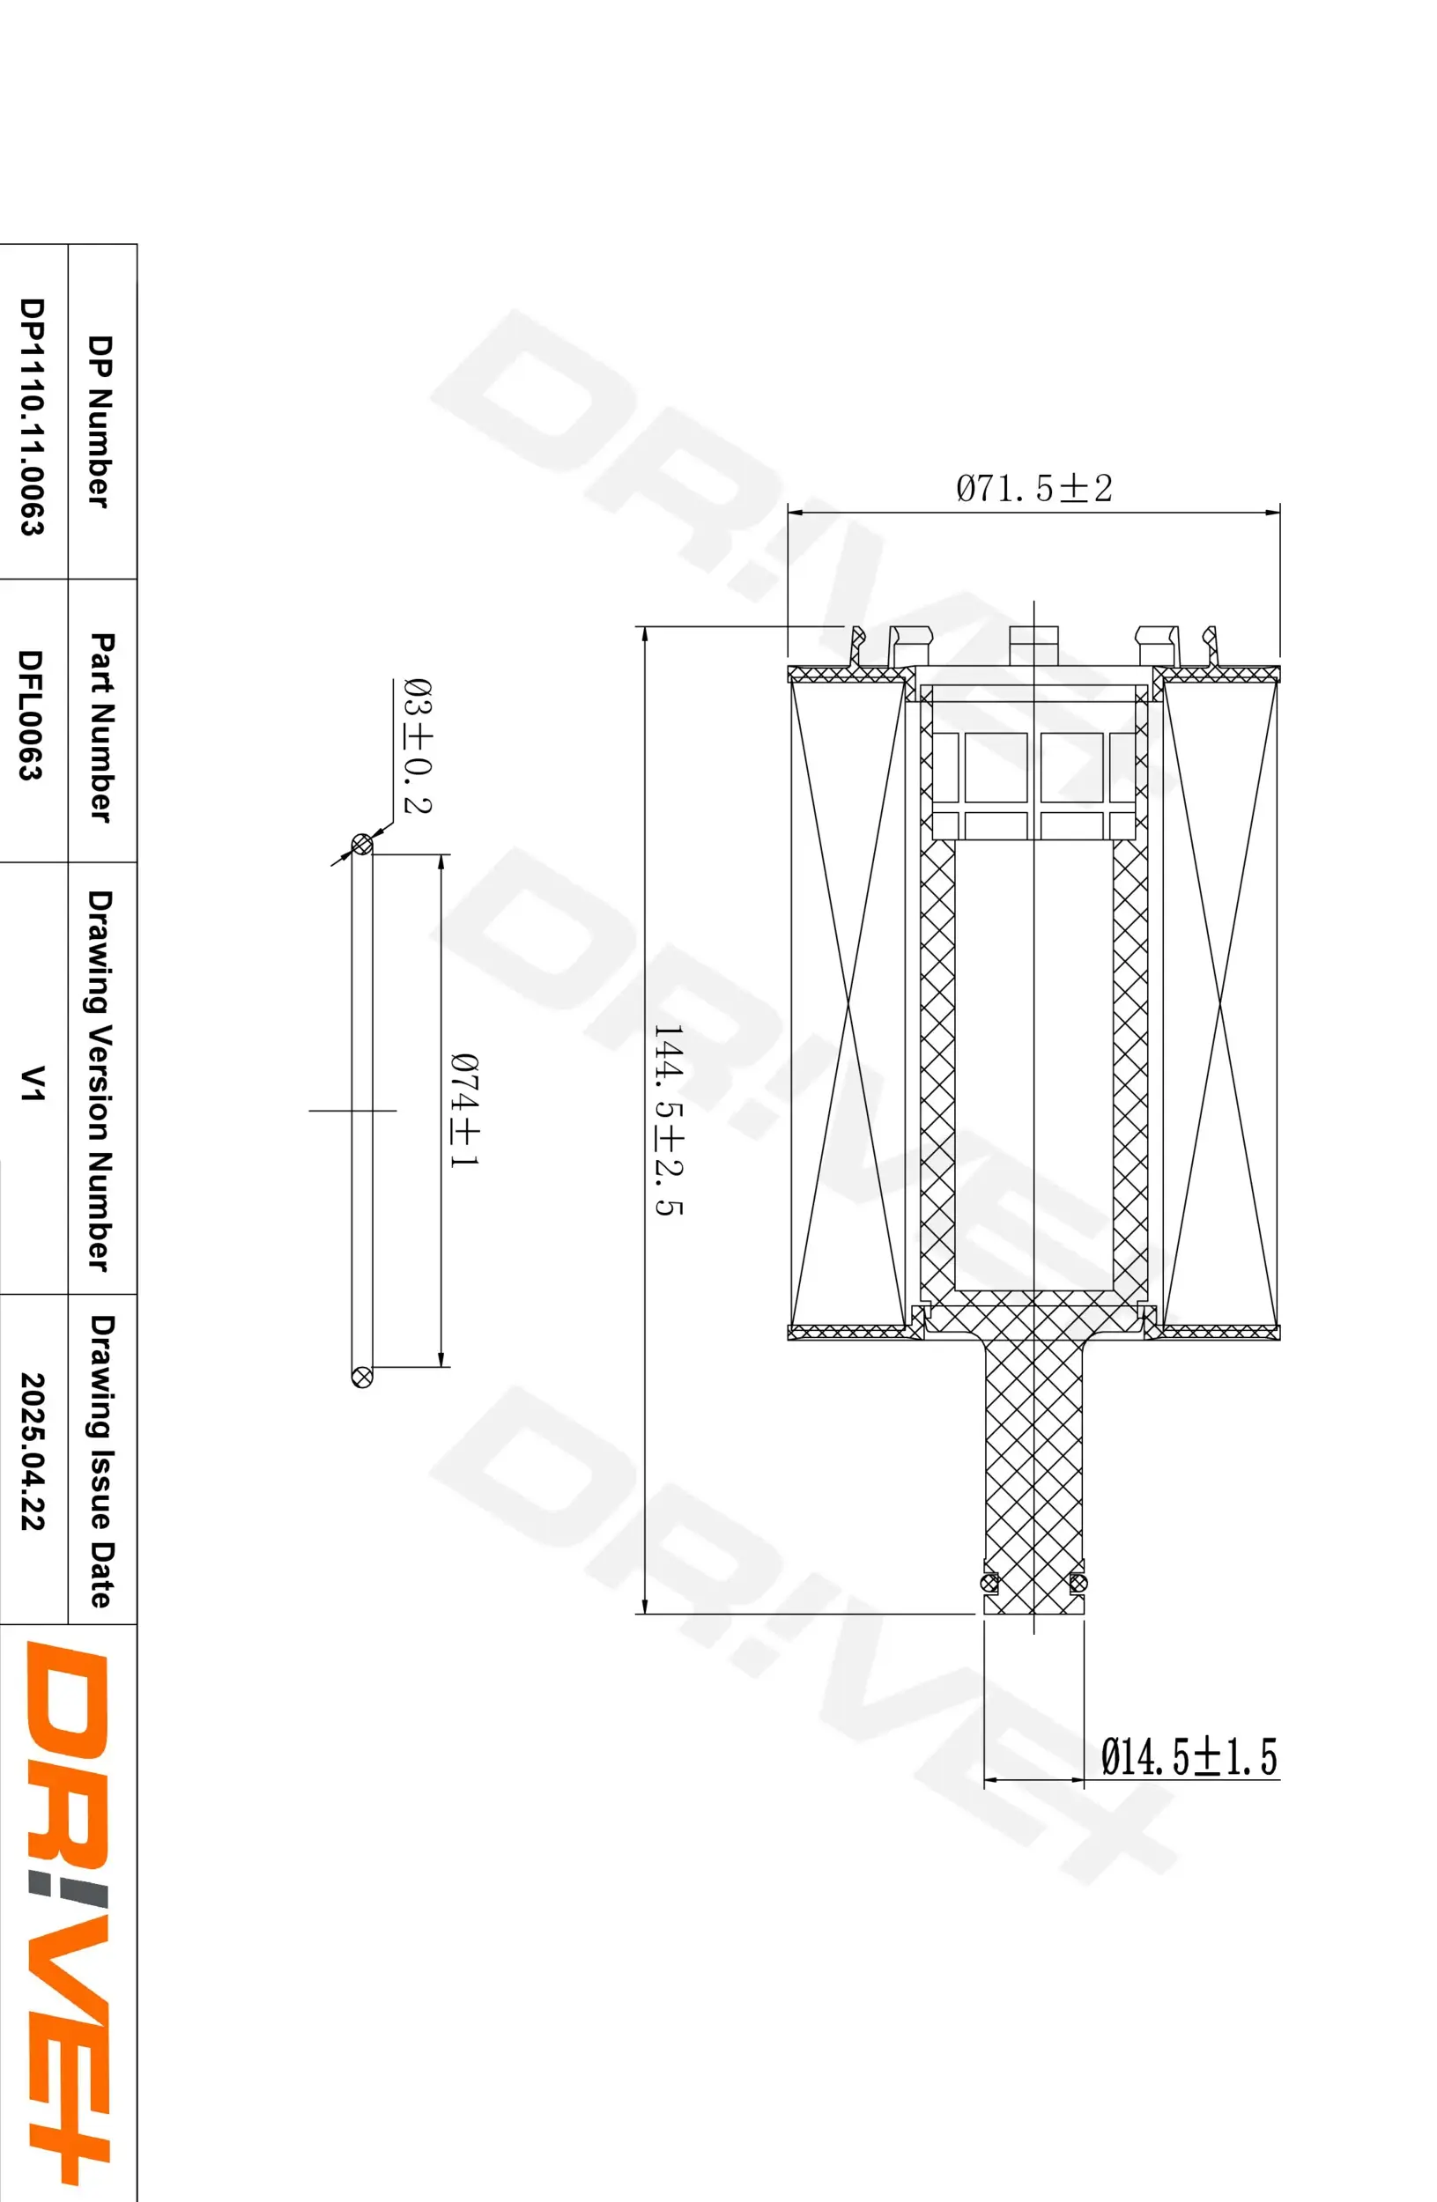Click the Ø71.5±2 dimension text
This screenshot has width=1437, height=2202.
tap(1033, 488)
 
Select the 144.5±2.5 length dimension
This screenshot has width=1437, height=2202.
tap(667, 1119)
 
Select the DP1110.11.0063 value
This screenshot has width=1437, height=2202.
tap(33, 416)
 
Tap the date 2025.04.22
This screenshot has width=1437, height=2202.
tap(33, 1450)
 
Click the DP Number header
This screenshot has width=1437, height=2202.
tap(99, 421)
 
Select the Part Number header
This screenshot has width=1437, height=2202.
tap(100, 727)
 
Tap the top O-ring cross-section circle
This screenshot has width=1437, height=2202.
tap(362, 844)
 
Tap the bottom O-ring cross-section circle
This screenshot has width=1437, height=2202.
tap(362, 1376)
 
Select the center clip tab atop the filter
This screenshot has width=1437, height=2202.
tap(1033, 644)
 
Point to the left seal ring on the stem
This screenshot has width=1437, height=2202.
tap(989, 1583)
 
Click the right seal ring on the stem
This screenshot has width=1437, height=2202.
tap(1076, 1583)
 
